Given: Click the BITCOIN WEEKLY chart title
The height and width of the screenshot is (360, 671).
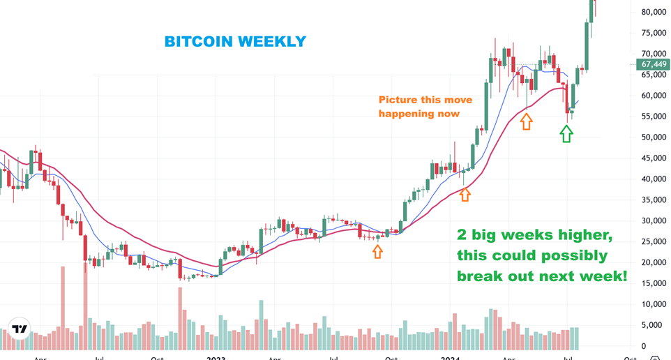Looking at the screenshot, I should coord(235,42).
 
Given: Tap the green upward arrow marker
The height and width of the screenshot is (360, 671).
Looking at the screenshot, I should coord(566,133).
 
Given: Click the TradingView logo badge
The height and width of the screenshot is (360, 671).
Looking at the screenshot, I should coord(20,329).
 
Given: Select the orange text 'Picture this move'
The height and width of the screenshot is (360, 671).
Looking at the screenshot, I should coord(425,100).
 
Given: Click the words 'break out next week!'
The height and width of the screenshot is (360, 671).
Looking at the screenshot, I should coord(541,276).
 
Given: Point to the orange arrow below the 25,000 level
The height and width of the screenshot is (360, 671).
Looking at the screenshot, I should coord(377,250).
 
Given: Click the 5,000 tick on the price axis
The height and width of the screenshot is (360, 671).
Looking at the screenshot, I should coord(654,325).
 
